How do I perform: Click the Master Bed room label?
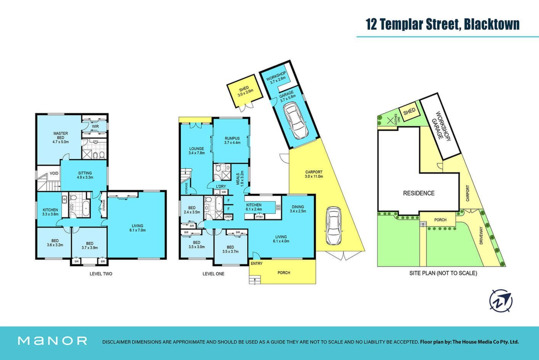coord(61,135)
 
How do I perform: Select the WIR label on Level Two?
coord(95,126)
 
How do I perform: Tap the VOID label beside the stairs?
coord(54,173)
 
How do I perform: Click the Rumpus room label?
coord(232,138)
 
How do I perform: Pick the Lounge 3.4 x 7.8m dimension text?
coord(196,153)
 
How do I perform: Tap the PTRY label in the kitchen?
coord(259,217)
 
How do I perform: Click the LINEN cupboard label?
coord(228,217)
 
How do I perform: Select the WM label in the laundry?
coord(224,192)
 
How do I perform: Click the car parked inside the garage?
coord(296,121)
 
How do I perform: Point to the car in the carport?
coord(333,225)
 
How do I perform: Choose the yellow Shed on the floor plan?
coord(245,91)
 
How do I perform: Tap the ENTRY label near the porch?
coord(256,264)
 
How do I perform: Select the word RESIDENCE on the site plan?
coord(419,193)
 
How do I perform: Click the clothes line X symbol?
coord(390,120)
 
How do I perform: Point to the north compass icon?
coord(501,301)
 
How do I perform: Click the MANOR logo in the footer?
coord(53,341)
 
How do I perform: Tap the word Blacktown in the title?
coord(492,24)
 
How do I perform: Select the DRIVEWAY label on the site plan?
coord(481,235)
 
